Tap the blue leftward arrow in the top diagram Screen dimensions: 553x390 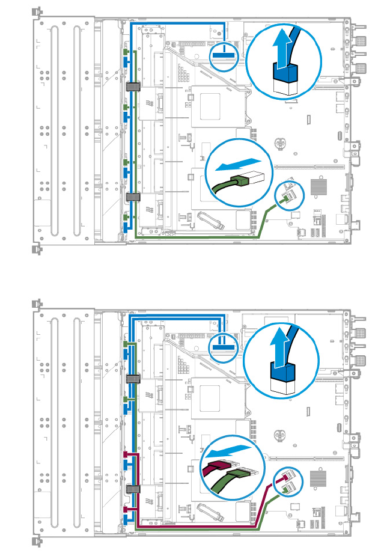coord(239,164)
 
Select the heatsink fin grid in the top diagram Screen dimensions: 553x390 coord(319,188)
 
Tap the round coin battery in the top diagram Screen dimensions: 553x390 coord(278,144)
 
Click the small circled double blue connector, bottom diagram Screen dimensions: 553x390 coord(222,346)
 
